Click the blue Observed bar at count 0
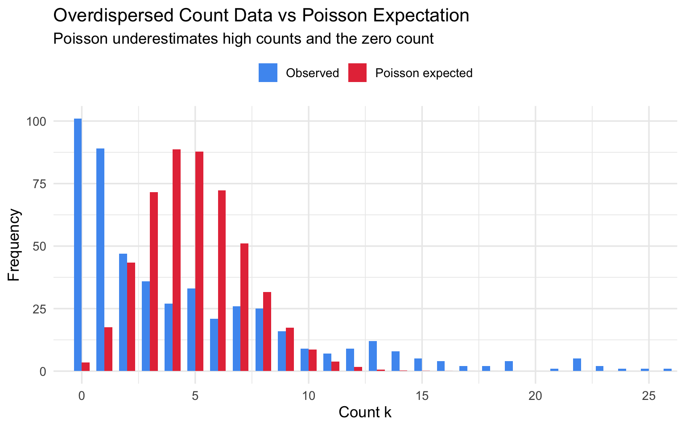pyautogui.click(x=78, y=245)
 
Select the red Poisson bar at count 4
pyautogui.click(x=177, y=260)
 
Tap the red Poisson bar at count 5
pyautogui.click(x=199, y=261)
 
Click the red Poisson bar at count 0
pyautogui.click(x=86, y=367)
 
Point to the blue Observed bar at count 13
pyautogui.click(x=373, y=356)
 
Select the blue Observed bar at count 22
pyautogui.click(x=577, y=365)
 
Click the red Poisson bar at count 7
pyautogui.click(x=244, y=307)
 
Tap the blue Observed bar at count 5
pyautogui.click(x=191, y=330)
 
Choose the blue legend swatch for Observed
pyautogui.click(x=268, y=73)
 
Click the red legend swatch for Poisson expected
pyautogui.click(x=357, y=73)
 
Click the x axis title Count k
pyautogui.click(x=365, y=412)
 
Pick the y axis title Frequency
pyautogui.click(x=14, y=245)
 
